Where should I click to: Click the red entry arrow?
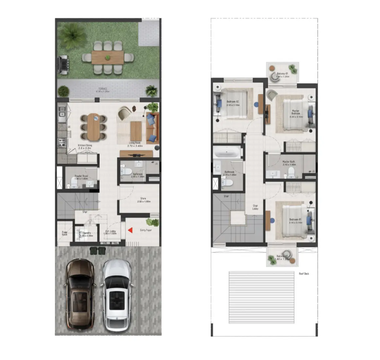tap(130, 230)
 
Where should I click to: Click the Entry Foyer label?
tap(146, 230)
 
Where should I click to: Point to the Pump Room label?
tap(65, 233)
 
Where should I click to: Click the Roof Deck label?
tap(304, 274)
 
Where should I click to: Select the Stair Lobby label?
tap(255, 207)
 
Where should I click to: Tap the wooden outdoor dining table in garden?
tap(108, 58)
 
